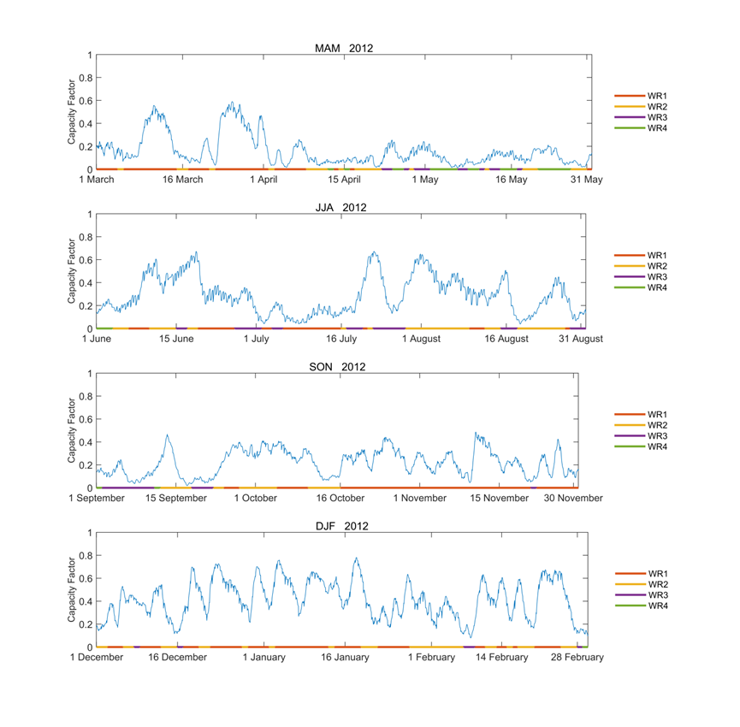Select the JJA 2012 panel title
[341, 208]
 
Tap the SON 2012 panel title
[341, 367]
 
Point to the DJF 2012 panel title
[341, 526]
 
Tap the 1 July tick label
[258, 339]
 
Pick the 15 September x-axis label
[176, 498]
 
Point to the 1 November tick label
[420, 498]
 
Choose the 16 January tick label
[346, 657]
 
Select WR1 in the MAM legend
[657, 96]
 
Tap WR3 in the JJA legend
[657, 276]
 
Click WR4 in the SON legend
[657, 446]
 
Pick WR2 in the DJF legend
[657, 584]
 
